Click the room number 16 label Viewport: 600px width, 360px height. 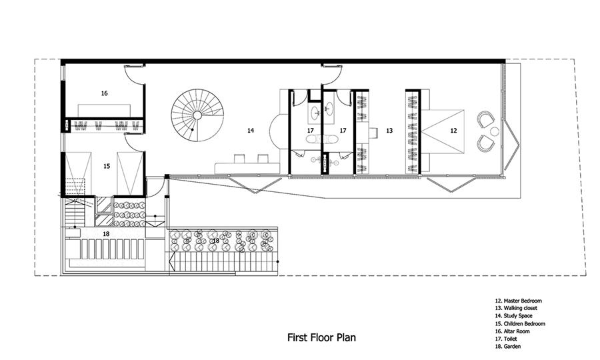105,93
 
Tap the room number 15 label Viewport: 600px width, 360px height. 107,166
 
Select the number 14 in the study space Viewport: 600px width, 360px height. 250,131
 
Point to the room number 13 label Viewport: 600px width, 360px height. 389,131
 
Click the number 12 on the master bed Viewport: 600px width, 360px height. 453,131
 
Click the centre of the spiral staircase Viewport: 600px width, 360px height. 197,115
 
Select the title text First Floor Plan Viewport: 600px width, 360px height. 321,337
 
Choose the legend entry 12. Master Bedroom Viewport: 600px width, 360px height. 519,301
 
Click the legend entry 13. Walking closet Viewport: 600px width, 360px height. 516,308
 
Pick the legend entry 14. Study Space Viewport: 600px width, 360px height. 513,315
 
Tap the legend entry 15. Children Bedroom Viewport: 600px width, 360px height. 520,323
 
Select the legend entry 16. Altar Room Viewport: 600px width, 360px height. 513,331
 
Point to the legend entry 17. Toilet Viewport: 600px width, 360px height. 506,339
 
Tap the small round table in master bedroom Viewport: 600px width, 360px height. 494,131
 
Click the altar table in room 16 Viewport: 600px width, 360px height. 105,110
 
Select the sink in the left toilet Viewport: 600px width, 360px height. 316,113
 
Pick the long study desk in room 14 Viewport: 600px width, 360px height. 247,167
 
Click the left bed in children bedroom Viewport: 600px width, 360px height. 79,173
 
